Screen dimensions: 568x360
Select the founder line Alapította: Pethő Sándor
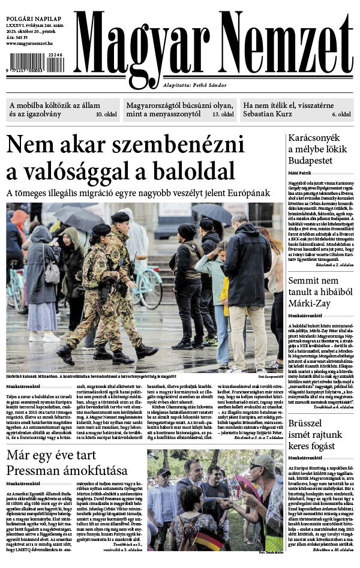coord(195,86)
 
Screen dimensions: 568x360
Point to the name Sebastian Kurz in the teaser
coord(271,114)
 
